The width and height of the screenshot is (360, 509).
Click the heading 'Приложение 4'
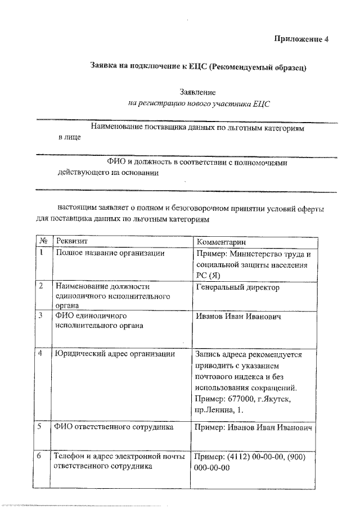pyautogui.click(x=300, y=39)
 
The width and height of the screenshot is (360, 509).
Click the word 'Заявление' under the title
pyautogui.click(x=197, y=91)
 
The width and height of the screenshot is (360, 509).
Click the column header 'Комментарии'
pyautogui.click(x=222, y=241)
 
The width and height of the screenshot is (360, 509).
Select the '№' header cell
pyautogui.click(x=43, y=241)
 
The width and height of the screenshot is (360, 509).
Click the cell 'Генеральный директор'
pyautogui.click(x=237, y=287)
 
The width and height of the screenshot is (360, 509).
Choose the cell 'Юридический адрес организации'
pyautogui.click(x=114, y=354)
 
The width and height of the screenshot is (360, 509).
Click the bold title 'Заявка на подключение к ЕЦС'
pyautogui.click(x=148, y=66)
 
